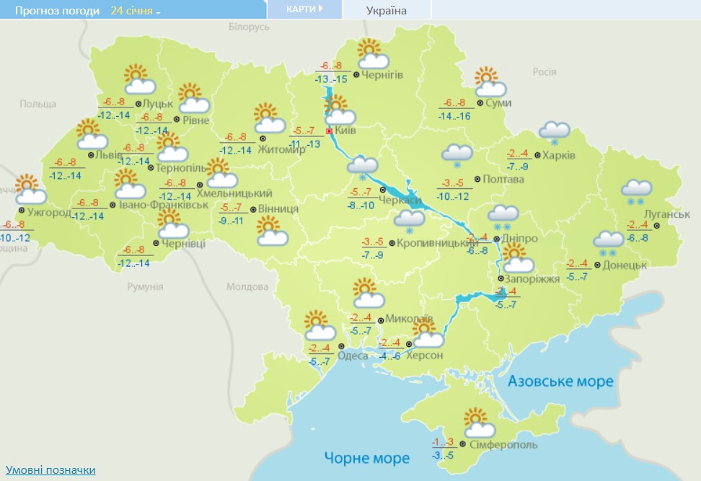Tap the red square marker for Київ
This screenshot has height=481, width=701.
[x=330, y=132]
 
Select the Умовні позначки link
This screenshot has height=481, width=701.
[x=50, y=470]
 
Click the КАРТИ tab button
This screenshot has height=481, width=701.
[x=304, y=9]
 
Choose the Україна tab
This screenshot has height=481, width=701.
[x=386, y=10]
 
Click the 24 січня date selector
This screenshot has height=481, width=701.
[x=136, y=11]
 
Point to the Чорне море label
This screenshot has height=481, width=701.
[x=366, y=458]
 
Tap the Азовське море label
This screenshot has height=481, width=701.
[x=560, y=381]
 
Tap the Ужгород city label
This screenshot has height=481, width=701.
[x=50, y=212]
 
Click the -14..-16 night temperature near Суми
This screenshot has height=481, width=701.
[x=454, y=115]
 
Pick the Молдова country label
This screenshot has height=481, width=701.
[x=247, y=286]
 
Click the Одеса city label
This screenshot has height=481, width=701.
[x=353, y=355]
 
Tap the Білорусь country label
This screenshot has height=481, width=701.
[x=248, y=27]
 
